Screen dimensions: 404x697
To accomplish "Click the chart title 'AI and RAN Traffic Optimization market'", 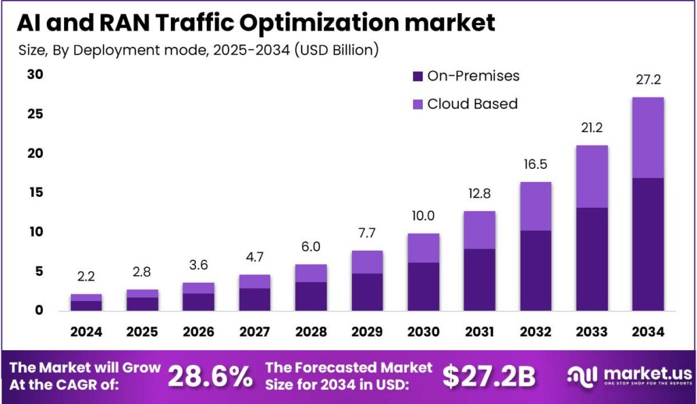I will (x=255, y=22).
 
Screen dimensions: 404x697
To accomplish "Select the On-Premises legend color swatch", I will (x=417, y=76).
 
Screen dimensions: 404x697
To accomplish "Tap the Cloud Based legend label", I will (x=472, y=104).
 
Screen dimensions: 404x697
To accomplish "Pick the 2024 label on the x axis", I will (x=86, y=332).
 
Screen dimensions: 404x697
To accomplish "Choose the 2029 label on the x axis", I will (x=367, y=332).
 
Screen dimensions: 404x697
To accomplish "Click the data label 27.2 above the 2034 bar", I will (x=647, y=80).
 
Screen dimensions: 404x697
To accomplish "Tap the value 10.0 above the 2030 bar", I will (x=423, y=216).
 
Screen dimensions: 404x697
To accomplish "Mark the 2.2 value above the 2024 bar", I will (x=86, y=277).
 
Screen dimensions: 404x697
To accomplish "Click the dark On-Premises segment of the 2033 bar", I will (x=591, y=259).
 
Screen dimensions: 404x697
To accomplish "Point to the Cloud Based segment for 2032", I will (x=535, y=206).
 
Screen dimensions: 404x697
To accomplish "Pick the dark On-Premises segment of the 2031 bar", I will (x=479, y=279).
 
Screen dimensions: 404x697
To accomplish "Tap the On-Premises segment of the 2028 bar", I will (x=310, y=296).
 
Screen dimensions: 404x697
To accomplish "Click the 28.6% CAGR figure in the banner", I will (x=210, y=375).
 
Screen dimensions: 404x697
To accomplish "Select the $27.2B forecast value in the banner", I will (x=489, y=375).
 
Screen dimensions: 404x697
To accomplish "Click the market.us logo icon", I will (x=581, y=375).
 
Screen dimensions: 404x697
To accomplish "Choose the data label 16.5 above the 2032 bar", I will (x=535, y=165).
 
